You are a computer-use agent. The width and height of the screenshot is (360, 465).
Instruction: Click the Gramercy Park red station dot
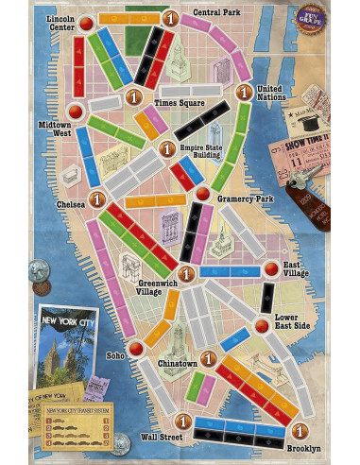[x=202, y=194]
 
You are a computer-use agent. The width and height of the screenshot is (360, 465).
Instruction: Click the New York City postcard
[x=62, y=348]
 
